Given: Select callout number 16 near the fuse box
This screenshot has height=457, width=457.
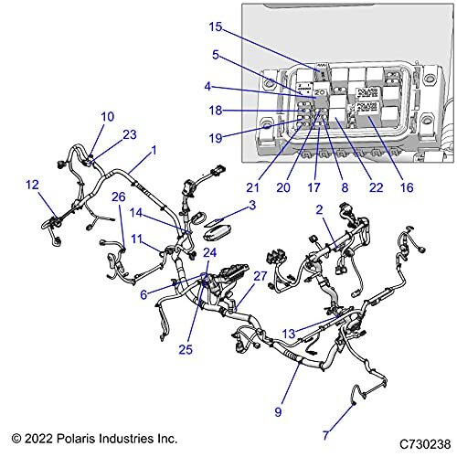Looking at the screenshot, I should click(406, 187).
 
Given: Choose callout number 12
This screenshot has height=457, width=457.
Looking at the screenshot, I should click(33, 185).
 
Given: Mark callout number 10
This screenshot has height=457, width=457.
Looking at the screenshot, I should click(107, 116).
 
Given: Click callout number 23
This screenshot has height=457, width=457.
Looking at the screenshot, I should click(130, 133).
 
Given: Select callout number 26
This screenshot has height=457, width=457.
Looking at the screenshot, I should click(118, 196).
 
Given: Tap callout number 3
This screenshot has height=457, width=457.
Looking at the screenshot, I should click(252, 207).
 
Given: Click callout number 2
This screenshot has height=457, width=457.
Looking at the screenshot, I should click(319, 209).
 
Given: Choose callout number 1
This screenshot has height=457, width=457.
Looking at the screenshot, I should click(154, 149).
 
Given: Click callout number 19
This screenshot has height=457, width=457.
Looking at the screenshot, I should click(215, 139).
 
